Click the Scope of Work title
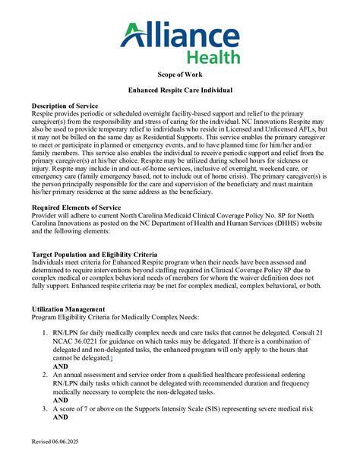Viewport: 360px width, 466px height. (180, 77)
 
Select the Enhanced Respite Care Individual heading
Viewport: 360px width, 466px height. (180, 90)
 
